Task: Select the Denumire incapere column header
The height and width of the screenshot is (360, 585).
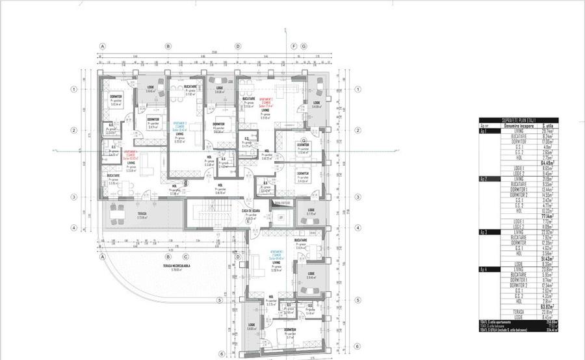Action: point(517,125)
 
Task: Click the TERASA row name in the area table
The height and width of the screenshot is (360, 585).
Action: point(517,311)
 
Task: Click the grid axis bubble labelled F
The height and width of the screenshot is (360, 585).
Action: point(294,47)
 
